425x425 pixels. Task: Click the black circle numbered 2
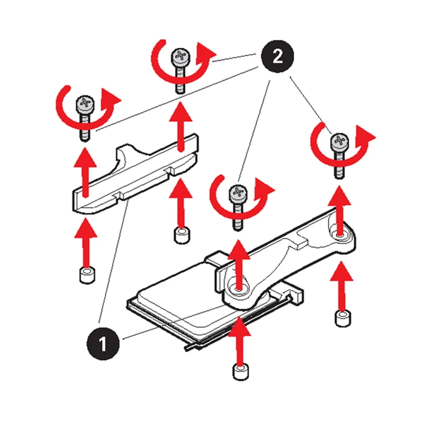(x=277, y=56)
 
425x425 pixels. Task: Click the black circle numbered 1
(x=103, y=343)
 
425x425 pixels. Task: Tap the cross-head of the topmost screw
(x=180, y=57)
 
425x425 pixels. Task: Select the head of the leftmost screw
(x=86, y=104)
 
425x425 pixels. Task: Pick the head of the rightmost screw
(x=339, y=141)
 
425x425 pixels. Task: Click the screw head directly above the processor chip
(x=238, y=193)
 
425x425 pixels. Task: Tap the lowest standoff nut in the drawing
(x=241, y=372)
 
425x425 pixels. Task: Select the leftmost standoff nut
(x=87, y=275)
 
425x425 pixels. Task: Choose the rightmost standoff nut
(x=343, y=319)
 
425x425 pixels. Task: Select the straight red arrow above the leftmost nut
(x=86, y=243)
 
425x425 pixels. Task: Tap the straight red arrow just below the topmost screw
(x=181, y=126)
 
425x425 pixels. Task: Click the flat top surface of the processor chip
(x=187, y=301)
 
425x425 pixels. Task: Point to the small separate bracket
(x=135, y=174)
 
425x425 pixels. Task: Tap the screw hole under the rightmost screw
(x=340, y=235)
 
